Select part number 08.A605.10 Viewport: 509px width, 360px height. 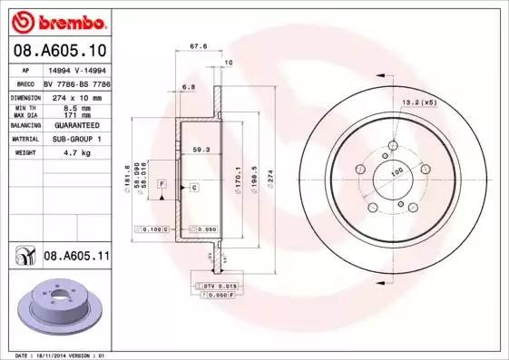click(x=59, y=54)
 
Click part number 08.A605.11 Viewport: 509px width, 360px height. click(x=76, y=258)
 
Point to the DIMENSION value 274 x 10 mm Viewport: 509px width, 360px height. click(x=74, y=97)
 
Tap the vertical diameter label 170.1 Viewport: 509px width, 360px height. click(x=238, y=172)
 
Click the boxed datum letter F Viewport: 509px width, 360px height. click(x=162, y=183)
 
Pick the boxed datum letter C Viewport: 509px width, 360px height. click(x=194, y=187)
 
